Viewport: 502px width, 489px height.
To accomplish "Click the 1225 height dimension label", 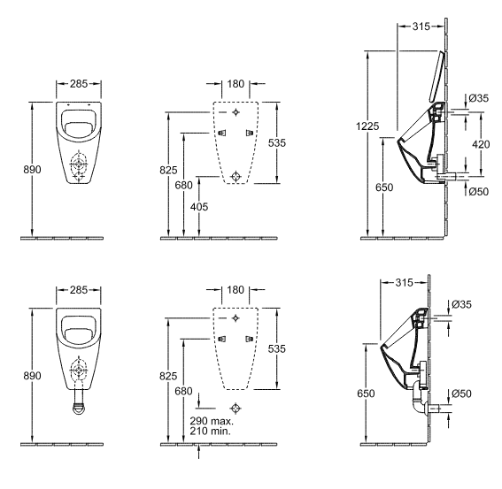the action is pos(367,126).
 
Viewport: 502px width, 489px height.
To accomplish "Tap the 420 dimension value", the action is pos(481,144).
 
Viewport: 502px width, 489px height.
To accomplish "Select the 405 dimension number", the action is pos(199,207).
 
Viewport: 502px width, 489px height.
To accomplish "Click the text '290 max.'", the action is pos(212,421).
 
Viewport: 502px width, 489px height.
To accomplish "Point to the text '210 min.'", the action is pos(211,432).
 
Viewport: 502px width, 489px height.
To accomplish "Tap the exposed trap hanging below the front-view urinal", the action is pos(79,403).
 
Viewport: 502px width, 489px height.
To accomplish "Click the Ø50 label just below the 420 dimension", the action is pos(479,192).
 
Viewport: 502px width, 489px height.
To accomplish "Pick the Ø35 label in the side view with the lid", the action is pos(479,98).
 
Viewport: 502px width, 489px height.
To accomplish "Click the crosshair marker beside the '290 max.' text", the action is pos(236,408).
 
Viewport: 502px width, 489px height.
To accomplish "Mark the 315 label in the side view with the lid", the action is pos(421,27).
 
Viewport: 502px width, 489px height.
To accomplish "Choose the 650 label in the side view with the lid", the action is pos(384,187).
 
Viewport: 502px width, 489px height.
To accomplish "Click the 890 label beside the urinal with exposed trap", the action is pos(33,376).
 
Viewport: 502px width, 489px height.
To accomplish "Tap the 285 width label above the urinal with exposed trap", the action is pos(79,290).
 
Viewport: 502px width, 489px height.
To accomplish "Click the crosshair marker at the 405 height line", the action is pos(236,176).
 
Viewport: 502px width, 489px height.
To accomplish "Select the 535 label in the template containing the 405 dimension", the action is pos(277,143).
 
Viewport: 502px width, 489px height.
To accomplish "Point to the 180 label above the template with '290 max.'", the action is pos(236,290).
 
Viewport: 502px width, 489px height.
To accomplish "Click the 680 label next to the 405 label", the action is pos(184,185).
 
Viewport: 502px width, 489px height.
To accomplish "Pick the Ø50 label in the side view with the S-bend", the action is pos(461,393).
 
